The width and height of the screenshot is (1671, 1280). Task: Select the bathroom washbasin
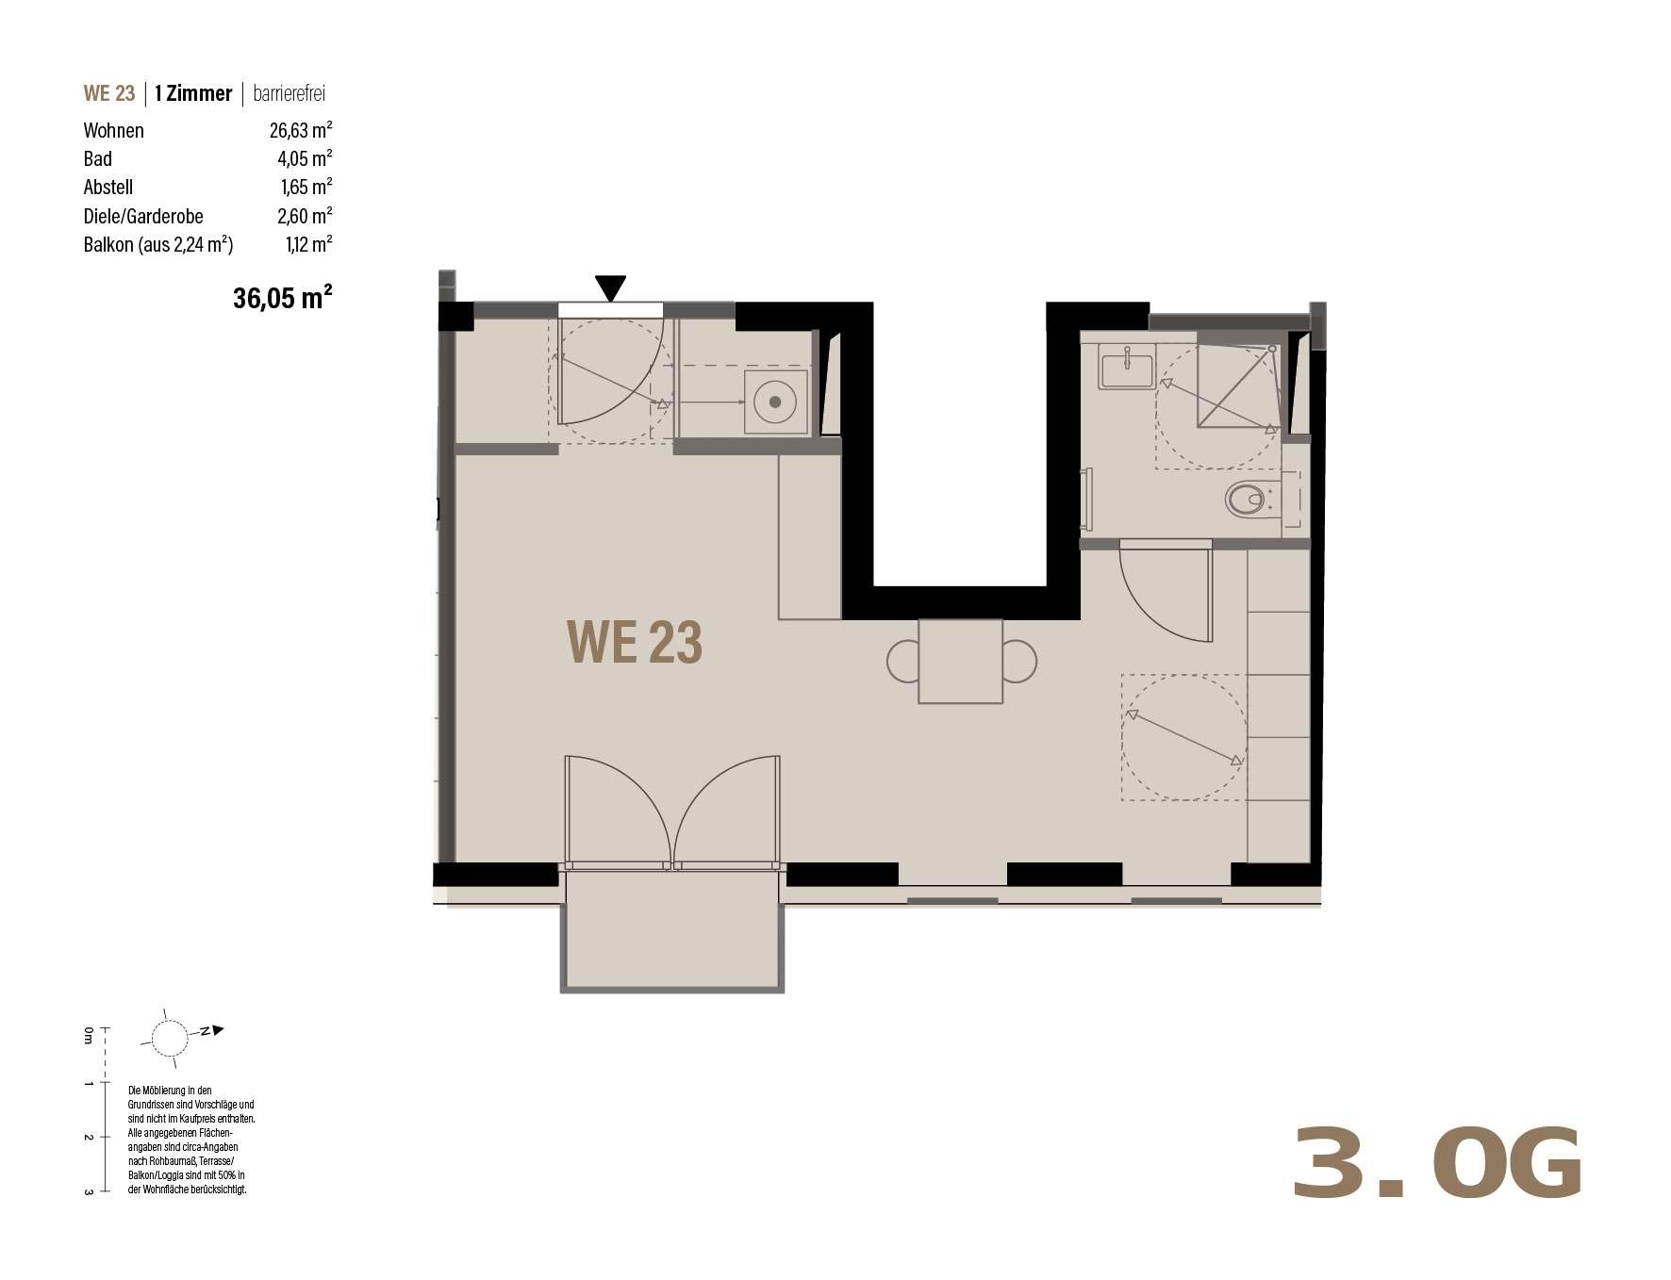1126,366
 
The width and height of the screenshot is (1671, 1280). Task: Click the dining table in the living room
960,661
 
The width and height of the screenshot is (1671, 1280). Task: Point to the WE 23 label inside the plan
635,642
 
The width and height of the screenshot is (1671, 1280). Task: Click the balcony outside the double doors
672,930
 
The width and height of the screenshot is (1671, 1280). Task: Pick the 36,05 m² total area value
282,298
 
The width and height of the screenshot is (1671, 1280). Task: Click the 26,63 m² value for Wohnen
301,130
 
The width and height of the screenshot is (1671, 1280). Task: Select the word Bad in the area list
98,158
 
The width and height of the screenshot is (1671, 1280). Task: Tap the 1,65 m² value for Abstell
306,187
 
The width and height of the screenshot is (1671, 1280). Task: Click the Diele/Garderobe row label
143,216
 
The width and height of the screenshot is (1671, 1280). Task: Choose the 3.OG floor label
1437,1165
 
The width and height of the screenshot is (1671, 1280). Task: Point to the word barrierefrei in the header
290,93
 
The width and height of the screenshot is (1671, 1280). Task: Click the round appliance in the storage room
775,402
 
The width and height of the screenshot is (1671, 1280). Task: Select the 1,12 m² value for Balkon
308,244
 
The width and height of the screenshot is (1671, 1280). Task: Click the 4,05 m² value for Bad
305,158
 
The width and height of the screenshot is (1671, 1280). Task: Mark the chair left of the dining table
902,661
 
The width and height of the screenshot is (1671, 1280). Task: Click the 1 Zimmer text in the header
193,93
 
